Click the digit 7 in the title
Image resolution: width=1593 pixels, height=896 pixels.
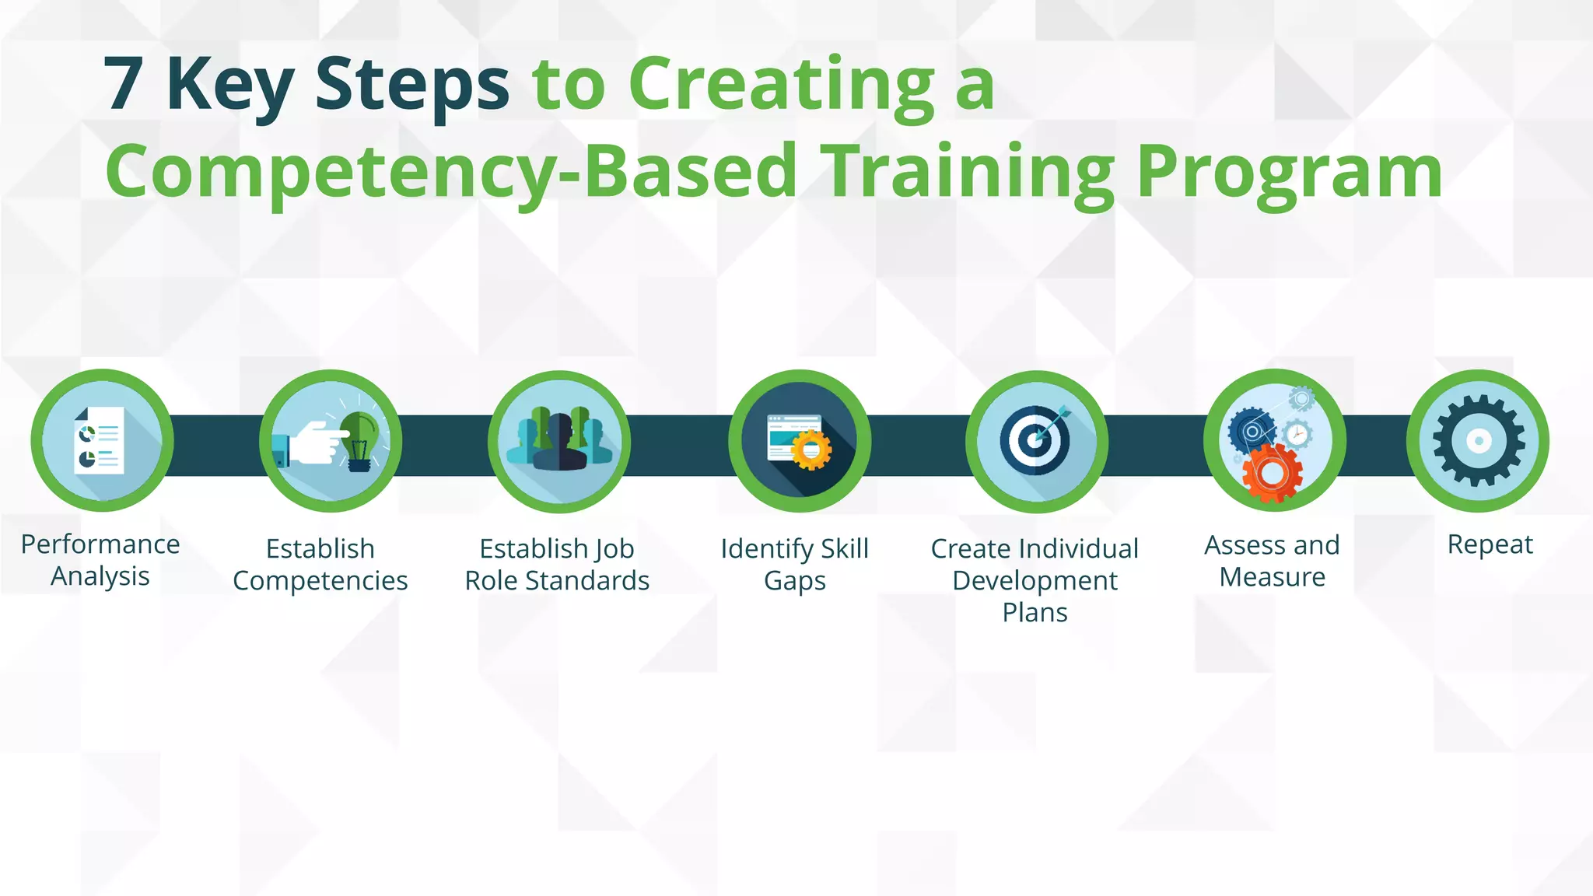coord(124,84)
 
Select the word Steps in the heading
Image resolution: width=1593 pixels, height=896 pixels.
coord(411,84)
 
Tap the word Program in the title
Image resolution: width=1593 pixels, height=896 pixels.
coord(1289,171)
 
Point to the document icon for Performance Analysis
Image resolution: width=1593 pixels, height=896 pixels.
coord(100,440)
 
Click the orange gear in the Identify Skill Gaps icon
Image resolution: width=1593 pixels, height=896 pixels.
coord(811,450)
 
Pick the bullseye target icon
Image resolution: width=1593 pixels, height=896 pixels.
coord(1035,440)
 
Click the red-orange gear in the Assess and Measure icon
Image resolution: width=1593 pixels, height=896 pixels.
coord(1271,472)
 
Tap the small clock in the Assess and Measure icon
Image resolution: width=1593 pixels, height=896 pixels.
coord(1297,434)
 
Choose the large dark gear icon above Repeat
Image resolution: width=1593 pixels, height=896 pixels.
coord(1478,440)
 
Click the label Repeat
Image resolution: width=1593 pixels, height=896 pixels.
coord(1490,544)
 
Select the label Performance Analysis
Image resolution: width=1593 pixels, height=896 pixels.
coord(100,560)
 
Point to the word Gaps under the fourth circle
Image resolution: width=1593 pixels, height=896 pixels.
coord(794,581)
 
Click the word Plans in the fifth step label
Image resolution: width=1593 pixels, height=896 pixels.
coord(1035,613)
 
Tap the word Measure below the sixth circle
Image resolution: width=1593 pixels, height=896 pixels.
coord(1273,577)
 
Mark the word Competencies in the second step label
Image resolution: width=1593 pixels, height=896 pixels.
coord(320,581)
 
